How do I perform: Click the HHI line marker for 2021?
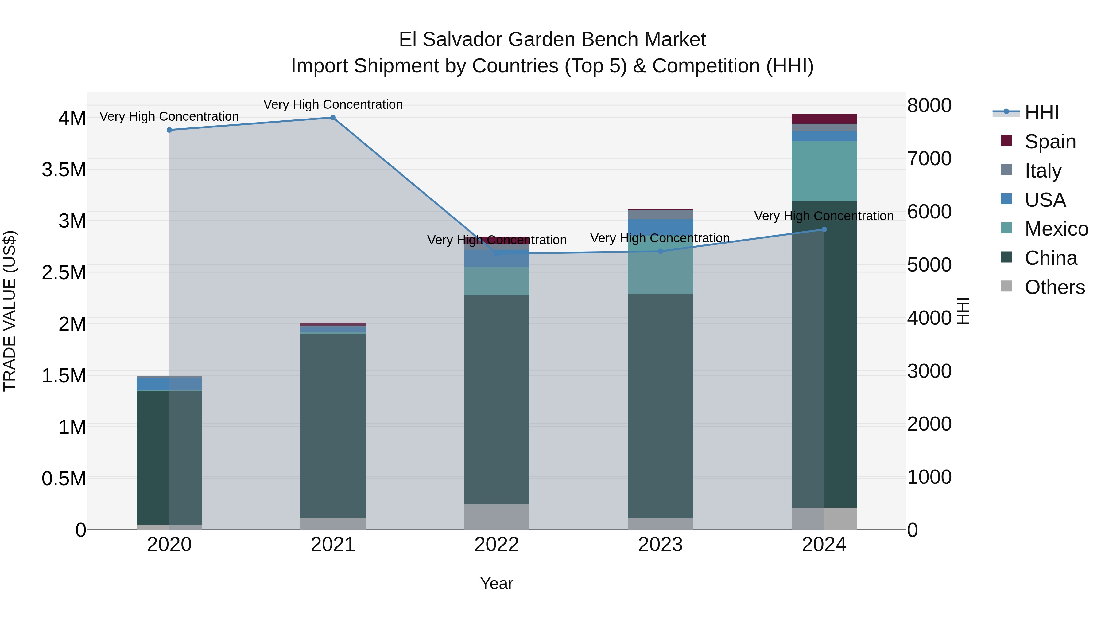[333, 118]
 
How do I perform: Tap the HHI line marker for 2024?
[824, 230]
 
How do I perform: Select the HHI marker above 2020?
[169, 130]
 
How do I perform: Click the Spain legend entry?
[1050, 142]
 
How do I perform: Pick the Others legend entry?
[1054, 287]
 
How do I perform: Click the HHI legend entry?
[1041, 112]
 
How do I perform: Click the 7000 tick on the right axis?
[929, 159]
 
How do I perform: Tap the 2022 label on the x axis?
[497, 545]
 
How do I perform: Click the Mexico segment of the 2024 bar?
[824, 171]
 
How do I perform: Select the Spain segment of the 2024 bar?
[824, 119]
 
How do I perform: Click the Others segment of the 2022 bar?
[497, 517]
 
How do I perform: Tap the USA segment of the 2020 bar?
[169, 384]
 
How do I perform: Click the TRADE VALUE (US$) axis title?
[10, 311]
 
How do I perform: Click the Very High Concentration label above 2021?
[333, 105]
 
